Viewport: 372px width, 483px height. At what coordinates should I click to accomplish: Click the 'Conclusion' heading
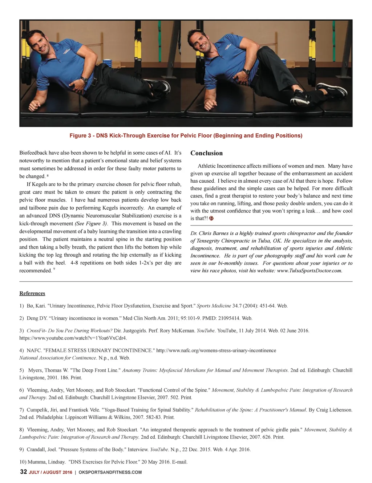pyautogui.click(x=206, y=153)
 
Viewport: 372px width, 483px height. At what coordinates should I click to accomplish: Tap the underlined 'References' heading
pyautogui.click(x=32, y=293)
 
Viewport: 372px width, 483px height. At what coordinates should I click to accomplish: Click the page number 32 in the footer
pyautogui.click(x=23, y=472)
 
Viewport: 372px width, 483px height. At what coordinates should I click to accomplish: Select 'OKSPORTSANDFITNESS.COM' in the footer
pyautogui.click(x=110, y=472)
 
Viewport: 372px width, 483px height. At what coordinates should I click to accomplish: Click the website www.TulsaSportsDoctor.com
pyautogui.click(x=309, y=271)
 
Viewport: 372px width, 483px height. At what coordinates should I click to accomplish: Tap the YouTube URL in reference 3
pyautogui.click(x=73, y=338)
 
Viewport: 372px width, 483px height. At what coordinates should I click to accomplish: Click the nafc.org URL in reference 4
pyautogui.click(x=216, y=350)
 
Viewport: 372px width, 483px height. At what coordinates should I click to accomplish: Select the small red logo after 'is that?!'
pyautogui.click(x=211, y=219)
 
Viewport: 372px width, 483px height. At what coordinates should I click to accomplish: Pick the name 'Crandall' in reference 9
pyautogui.click(x=37, y=450)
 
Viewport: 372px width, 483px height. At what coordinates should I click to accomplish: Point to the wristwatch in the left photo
pyautogui.click(x=84, y=79)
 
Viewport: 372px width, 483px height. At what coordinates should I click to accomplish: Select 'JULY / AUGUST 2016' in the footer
pyautogui.click(x=50, y=472)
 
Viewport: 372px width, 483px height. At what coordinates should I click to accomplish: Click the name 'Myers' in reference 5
pyautogui.click(x=35, y=370)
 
